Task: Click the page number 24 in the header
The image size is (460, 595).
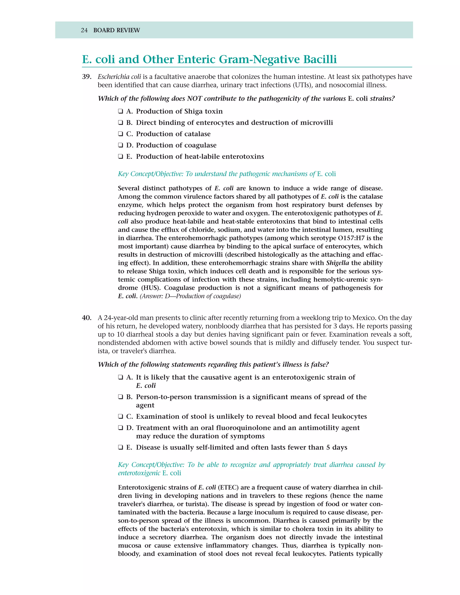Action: coord(84,30)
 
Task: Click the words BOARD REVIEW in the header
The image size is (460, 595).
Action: coord(116,30)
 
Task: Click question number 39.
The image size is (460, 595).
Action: coord(87,77)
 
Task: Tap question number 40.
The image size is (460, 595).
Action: coord(87,318)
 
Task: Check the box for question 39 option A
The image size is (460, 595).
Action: coord(120,111)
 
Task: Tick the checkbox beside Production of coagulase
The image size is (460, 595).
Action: coord(120,145)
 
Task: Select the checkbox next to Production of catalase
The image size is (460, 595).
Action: coord(120,134)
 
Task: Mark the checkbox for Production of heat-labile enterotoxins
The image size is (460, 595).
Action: coord(120,157)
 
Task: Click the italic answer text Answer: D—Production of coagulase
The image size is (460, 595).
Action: coord(190,296)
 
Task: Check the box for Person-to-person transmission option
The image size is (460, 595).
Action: coord(120,397)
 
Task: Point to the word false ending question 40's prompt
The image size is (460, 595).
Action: coord(319,364)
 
